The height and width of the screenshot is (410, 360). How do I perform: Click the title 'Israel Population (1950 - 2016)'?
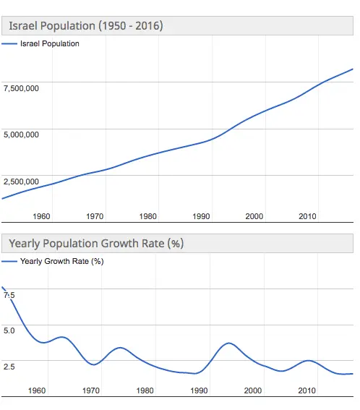(85, 26)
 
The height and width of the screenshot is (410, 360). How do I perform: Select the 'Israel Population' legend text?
(50, 43)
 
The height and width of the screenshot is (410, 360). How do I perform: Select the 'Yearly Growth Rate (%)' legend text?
(61, 261)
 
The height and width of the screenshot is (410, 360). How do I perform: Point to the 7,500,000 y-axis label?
(21, 88)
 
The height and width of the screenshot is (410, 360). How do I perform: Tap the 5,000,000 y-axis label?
(21, 134)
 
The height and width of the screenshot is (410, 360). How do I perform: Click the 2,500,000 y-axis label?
(21, 181)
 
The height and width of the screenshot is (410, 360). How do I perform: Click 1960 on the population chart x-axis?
(41, 216)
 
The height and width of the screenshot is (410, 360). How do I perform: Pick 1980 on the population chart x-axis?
(148, 216)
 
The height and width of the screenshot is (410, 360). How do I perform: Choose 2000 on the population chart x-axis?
(254, 216)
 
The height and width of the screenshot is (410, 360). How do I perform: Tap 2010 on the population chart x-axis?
(308, 216)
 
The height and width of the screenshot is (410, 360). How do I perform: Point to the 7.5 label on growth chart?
(9, 295)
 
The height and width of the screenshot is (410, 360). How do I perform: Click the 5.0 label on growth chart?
(9, 330)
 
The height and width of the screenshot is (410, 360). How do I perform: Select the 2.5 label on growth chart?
(9, 367)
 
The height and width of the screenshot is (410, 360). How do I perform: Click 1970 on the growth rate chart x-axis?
(91, 390)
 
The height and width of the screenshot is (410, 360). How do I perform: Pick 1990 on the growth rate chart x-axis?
(200, 390)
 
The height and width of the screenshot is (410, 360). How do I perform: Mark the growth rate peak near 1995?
(228, 343)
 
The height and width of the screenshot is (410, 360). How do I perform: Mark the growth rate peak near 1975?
(121, 348)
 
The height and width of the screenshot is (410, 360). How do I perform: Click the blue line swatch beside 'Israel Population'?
(9, 44)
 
